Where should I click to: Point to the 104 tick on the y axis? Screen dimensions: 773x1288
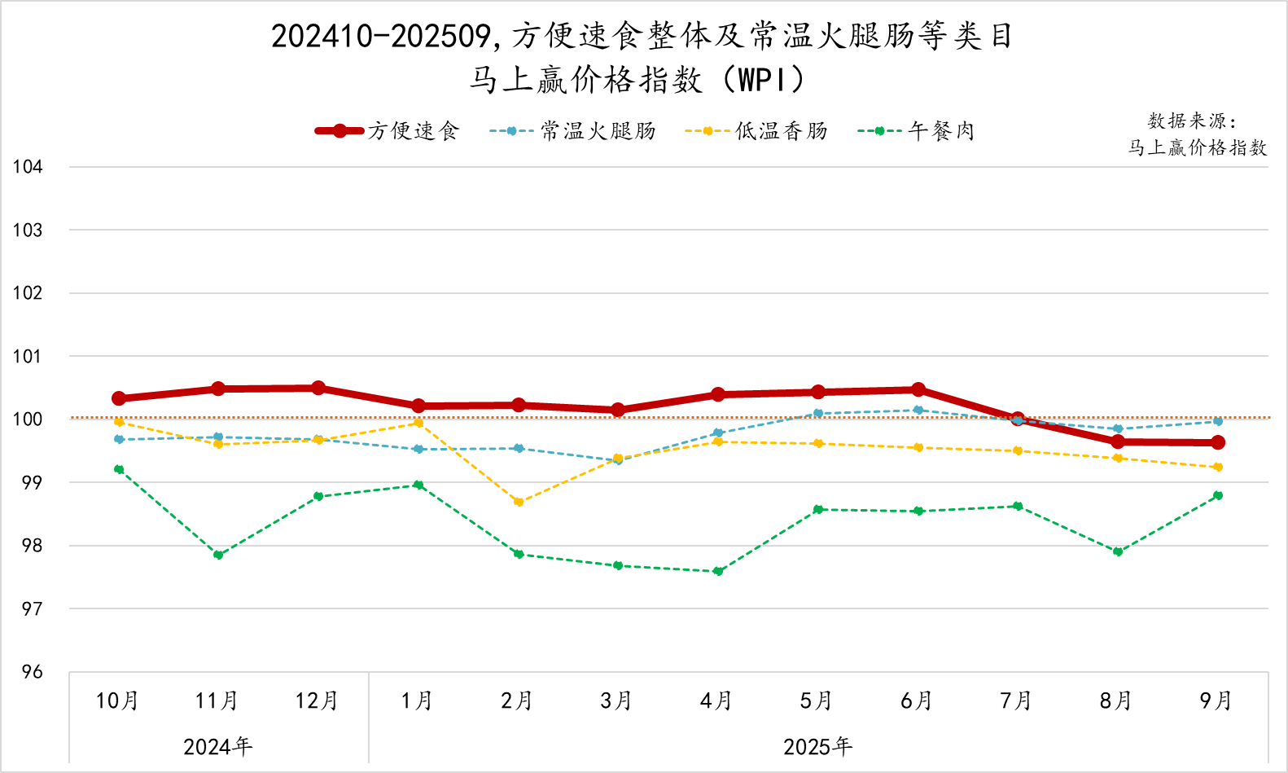coord(28,167)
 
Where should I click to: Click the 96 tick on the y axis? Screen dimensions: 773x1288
coord(32,672)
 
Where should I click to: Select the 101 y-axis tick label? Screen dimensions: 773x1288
coord(28,356)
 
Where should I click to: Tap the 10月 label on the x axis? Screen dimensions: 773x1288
coord(117,701)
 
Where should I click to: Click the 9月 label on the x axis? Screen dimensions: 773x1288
coord(1216,701)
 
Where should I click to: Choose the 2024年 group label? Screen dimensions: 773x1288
coord(218,747)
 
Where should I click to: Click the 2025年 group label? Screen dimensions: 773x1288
coord(817,747)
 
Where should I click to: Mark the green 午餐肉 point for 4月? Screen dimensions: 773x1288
coord(718,571)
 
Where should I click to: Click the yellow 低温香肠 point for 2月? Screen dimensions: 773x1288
coord(519,502)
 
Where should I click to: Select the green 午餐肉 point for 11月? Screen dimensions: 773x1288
coord(218,555)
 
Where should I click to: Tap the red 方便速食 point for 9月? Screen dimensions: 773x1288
coord(1218,442)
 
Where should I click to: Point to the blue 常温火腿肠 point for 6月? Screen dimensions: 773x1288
coord(918,410)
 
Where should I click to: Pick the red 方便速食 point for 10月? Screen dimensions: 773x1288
coord(119,398)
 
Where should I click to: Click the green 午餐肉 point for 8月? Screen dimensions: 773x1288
coord(1118,551)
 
